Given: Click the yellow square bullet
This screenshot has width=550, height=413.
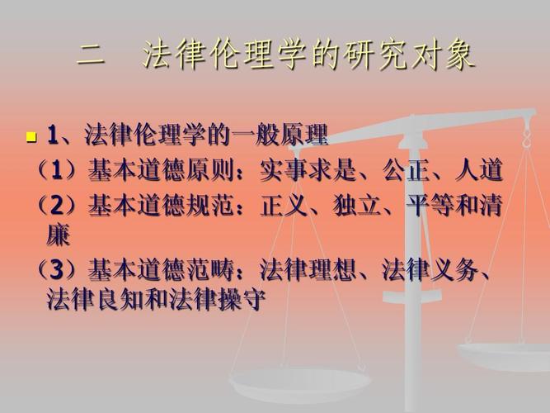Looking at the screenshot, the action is tap(31, 136).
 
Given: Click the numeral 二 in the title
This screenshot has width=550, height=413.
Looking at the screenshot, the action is tap(91, 56).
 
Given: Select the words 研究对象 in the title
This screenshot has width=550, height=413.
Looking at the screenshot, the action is tap(409, 55).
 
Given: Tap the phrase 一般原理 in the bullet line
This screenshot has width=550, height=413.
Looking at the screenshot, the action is tap(280, 134).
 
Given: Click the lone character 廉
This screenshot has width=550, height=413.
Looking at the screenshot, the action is tap(59, 235).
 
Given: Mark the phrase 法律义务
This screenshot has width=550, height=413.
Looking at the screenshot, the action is tap(430, 270).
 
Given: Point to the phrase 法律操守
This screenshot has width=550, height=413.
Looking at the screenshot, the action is tap(217, 300).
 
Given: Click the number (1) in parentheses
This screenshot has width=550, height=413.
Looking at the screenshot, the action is tap(56, 170).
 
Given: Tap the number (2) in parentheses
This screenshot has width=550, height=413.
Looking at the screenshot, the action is tap(56, 205).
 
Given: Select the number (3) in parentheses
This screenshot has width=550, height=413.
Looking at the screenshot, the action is tap(56, 270).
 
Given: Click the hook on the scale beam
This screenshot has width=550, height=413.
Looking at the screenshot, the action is tap(526, 138).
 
